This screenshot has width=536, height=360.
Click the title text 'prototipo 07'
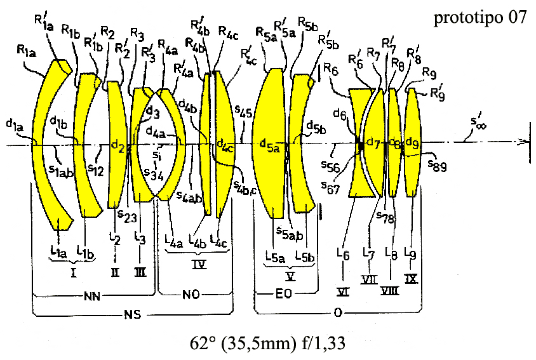(480, 18)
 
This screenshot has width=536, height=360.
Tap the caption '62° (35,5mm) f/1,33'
(267, 343)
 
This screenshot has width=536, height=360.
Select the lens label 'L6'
(344, 255)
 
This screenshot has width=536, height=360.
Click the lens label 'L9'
(413, 255)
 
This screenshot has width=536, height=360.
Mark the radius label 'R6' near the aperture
(330, 69)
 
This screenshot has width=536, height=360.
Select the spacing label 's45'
(243, 113)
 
